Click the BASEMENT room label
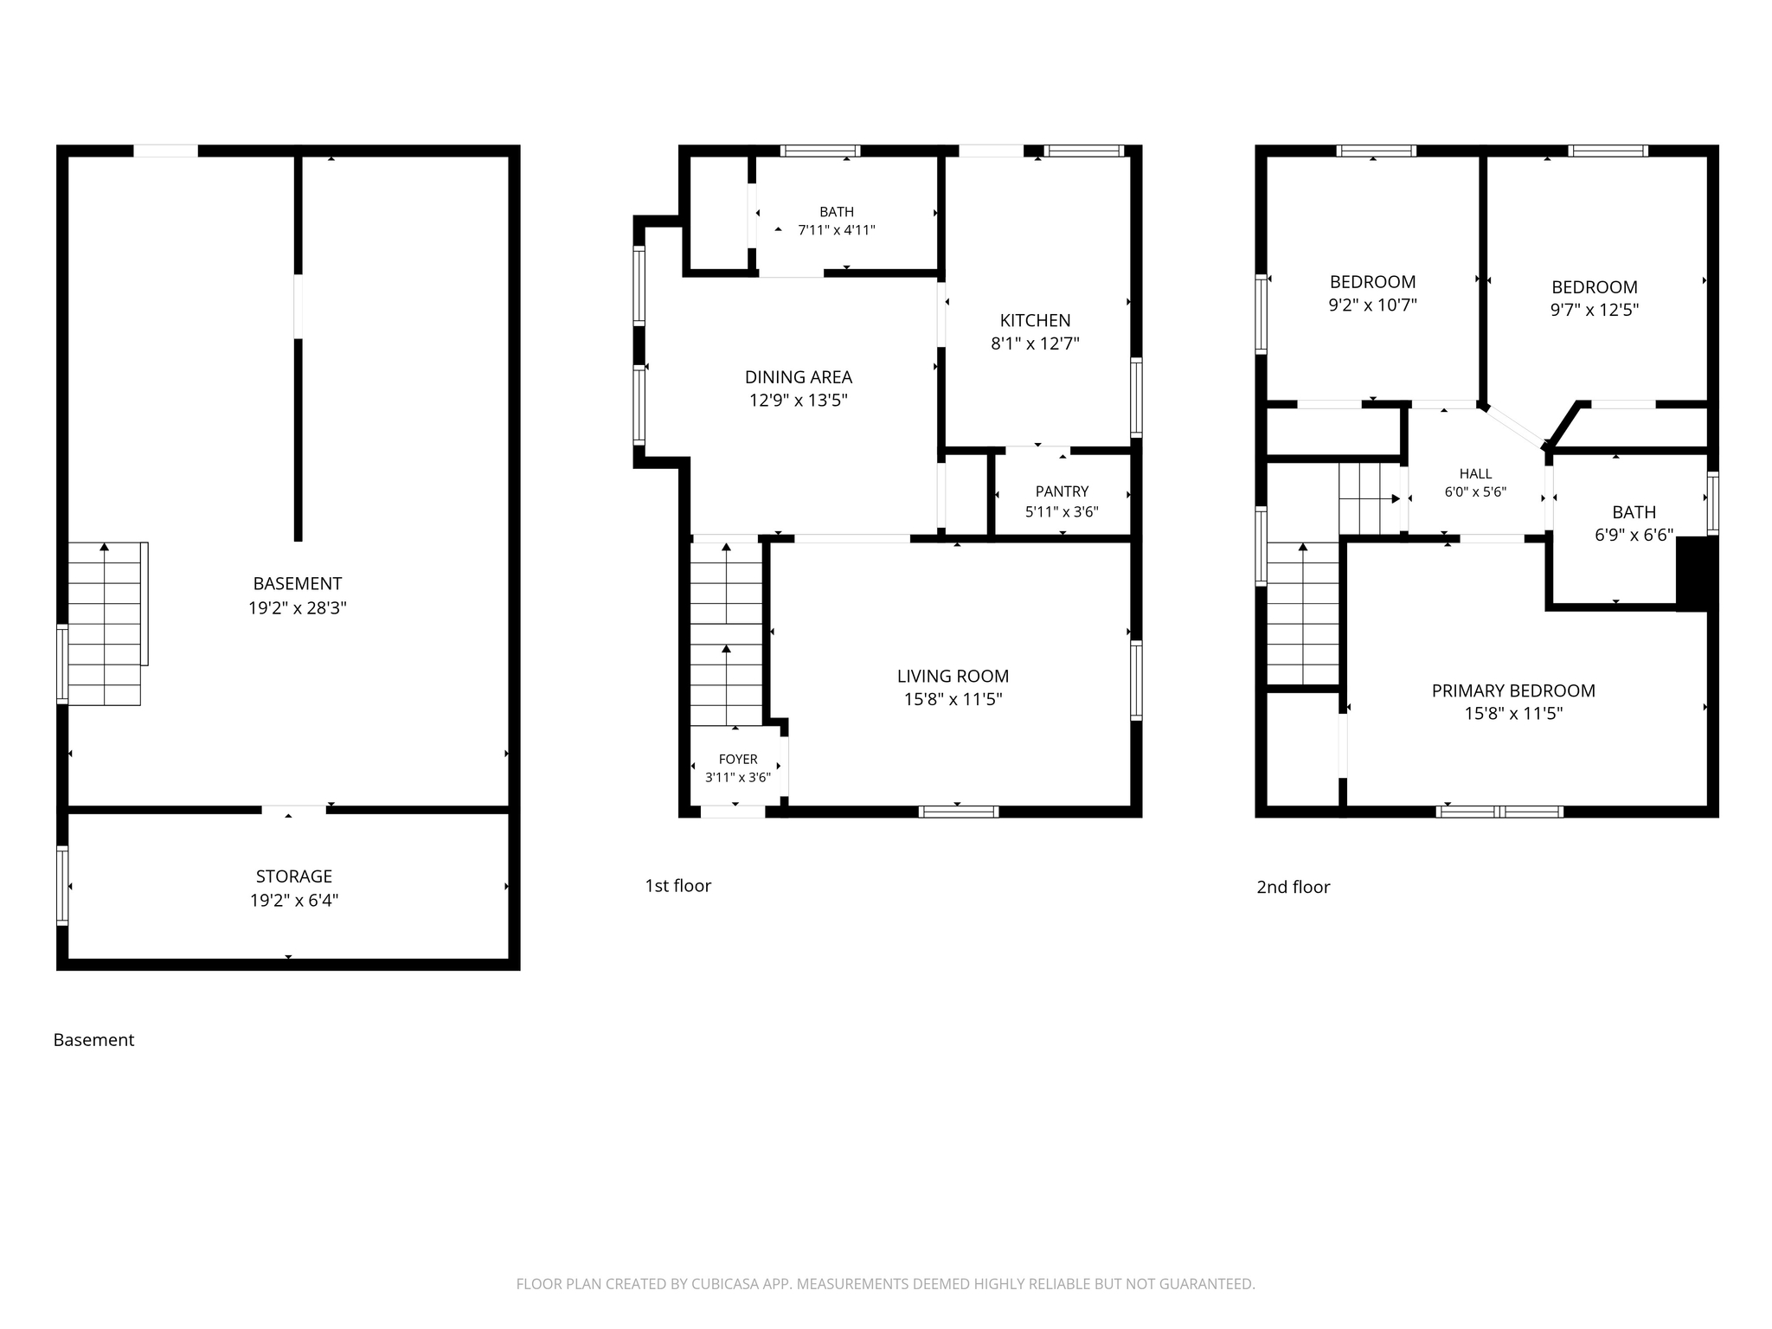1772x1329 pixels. pyautogui.click(x=298, y=584)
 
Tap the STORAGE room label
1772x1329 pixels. pyautogui.click(x=294, y=876)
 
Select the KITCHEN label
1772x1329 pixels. pyautogui.click(x=1035, y=320)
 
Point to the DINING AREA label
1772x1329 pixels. pyautogui.click(x=799, y=377)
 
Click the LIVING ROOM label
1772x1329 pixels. pyautogui.click(x=953, y=677)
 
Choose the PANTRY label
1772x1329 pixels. pyautogui.click(x=1063, y=491)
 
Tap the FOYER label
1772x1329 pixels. pyautogui.click(x=738, y=760)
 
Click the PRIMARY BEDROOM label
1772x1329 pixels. pyautogui.click(x=1513, y=690)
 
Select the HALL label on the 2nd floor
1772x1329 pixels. pyautogui.click(x=1475, y=473)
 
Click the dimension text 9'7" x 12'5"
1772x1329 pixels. pyautogui.click(x=1595, y=310)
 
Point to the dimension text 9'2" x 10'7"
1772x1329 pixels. pyautogui.click(x=1373, y=305)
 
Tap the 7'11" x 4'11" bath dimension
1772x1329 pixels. pyautogui.click(x=837, y=230)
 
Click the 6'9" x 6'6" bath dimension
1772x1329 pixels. pyautogui.click(x=1634, y=535)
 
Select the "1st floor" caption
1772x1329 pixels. pyautogui.click(x=677, y=886)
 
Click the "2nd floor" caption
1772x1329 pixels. pyautogui.click(x=1294, y=887)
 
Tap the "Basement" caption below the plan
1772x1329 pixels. pyautogui.click(x=93, y=1040)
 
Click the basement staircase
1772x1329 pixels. pyautogui.click(x=105, y=624)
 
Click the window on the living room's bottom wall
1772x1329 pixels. pyautogui.click(x=959, y=812)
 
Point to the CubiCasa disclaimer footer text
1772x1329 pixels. pyautogui.click(x=885, y=1284)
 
